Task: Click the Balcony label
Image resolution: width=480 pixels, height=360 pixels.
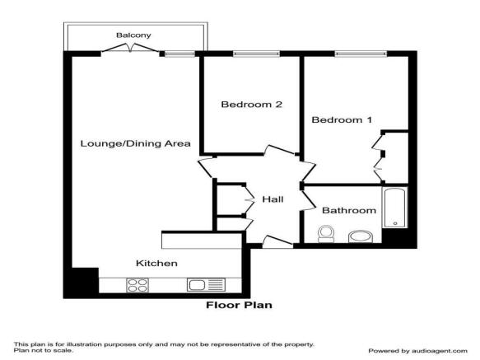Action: tap(133, 35)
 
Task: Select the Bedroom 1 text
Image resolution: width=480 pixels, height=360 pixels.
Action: tap(342, 120)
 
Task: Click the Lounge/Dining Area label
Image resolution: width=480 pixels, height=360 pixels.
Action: tap(135, 143)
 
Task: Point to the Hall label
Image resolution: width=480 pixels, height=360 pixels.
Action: tap(273, 199)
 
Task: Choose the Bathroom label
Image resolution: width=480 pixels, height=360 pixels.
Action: tap(348, 210)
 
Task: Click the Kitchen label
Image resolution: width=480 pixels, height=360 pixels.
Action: tap(156, 264)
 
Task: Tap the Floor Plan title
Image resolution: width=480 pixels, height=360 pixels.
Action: tap(239, 305)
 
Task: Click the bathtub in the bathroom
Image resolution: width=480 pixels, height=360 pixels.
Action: tap(395, 208)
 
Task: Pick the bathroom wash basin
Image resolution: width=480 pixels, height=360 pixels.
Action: tap(360, 238)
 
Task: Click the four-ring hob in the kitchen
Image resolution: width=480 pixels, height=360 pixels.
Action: tap(137, 285)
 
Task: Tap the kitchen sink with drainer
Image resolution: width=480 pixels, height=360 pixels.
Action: tap(206, 285)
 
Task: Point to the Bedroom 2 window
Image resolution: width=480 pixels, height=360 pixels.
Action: tap(251, 54)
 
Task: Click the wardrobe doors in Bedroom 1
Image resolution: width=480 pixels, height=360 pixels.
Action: tap(378, 157)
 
